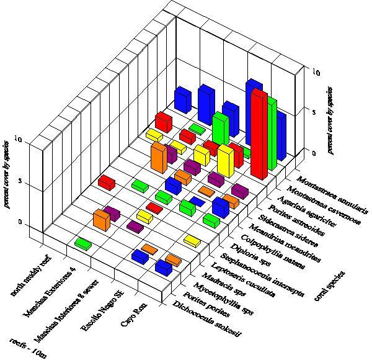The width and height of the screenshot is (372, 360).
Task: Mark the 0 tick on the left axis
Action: pos(22,222)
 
